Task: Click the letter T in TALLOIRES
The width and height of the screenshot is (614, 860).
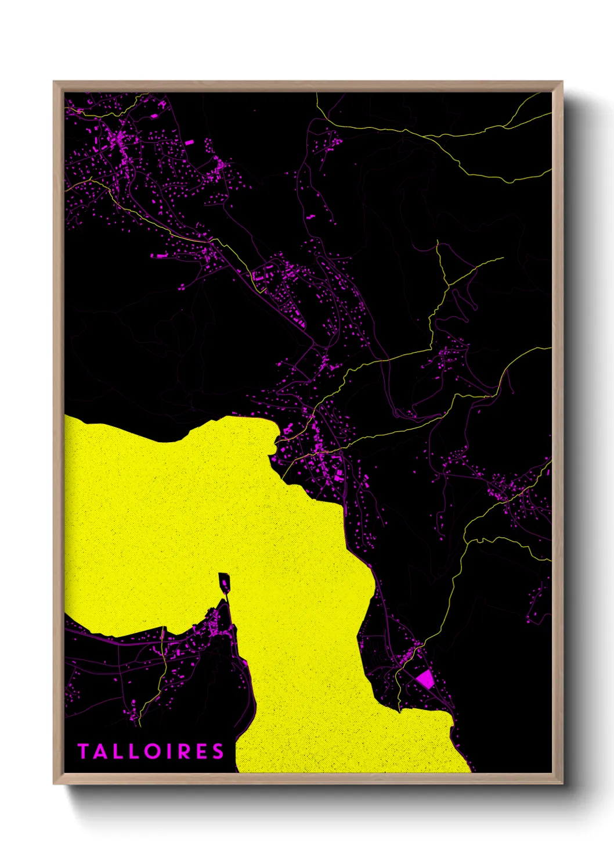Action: pos(83,751)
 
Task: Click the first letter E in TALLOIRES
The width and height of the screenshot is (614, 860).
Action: pos(201,751)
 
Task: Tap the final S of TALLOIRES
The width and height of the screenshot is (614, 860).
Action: pos(218,751)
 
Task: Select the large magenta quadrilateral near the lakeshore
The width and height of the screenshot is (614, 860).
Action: pos(425,679)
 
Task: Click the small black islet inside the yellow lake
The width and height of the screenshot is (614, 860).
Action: pos(225,581)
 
